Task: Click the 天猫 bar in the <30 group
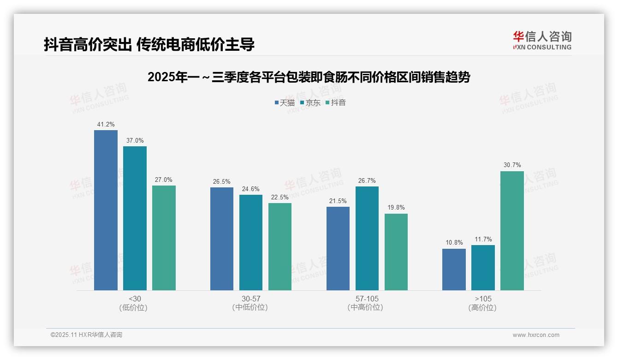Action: tap(106, 210)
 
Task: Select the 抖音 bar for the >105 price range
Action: tap(512, 231)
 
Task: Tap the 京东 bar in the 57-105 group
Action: tap(367, 238)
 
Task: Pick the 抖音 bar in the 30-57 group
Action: tap(280, 246)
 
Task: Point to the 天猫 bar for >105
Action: tap(454, 270)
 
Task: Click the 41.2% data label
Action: tap(106, 125)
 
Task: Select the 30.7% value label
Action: tap(512, 165)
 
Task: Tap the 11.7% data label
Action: tap(483, 239)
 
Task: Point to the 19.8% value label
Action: tap(396, 208)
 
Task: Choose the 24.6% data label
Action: tap(251, 189)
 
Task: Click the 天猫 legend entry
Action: tap(285, 102)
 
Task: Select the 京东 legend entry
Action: tap(310, 102)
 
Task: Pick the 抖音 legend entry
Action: tap(336, 102)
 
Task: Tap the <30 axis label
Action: tap(135, 299)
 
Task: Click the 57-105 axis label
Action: tap(367, 299)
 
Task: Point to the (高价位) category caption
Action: tap(482, 307)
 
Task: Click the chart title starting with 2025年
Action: tap(309, 77)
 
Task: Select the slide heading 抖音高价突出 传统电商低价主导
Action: tap(149, 44)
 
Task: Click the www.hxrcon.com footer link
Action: tap(536, 335)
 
